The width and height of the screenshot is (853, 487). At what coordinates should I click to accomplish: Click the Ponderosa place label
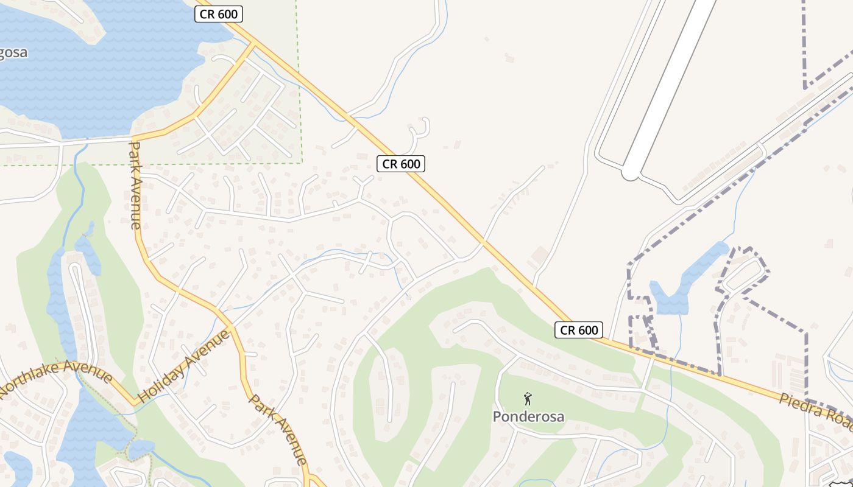click(x=528, y=417)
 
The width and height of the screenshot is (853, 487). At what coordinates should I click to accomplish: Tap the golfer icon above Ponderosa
click(x=528, y=399)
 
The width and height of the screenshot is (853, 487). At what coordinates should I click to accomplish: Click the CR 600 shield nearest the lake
click(x=219, y=14)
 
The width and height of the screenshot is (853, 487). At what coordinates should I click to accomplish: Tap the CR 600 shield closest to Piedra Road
click(x=578, y=330)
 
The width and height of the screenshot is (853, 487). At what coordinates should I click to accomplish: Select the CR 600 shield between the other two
click(x=400, y=164)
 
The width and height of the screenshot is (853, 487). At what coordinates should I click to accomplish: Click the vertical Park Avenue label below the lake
click(x=135, y=186)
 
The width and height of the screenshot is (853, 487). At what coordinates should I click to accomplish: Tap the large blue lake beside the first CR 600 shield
click(x=110, y=67)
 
